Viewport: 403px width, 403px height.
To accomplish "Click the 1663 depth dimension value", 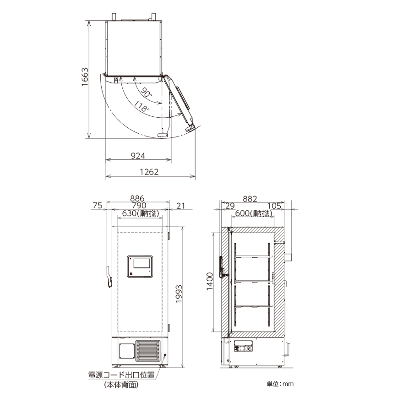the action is coord(85,77).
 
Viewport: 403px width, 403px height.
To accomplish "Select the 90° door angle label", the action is coord(146,93).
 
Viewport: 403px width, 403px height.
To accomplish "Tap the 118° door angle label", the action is coord(142,106).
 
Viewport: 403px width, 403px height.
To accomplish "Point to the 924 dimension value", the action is coord(138,156).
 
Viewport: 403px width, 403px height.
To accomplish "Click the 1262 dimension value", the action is coord(149,172).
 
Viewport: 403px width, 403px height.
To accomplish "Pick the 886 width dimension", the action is coord(137,198).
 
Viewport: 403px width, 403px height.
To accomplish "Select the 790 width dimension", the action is coord(139,206).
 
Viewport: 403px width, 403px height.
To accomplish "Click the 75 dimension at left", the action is coord(98,206).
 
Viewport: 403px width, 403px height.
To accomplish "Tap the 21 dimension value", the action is coord(181,206).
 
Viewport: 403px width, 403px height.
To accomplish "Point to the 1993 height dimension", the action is coord(179,294).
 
